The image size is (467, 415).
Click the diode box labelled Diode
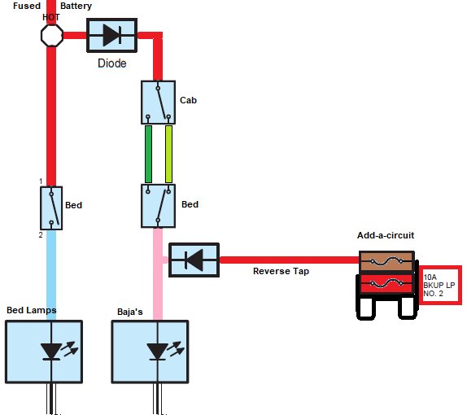(x=111, y=35)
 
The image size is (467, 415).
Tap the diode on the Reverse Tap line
(x=194, y=260)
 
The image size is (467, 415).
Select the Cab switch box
(x=158, y=103)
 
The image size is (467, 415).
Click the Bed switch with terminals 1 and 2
(x=51, y=208)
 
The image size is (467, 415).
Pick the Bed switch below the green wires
(x=158, y=206)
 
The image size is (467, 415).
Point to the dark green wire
(x=148, y=154)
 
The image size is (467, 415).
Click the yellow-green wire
(x=168, y=154)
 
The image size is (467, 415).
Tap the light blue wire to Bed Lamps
(x=51, y=275)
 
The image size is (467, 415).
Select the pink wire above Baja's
(x=158, y=274)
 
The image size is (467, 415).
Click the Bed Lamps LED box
(x=44, y=352)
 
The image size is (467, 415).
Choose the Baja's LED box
(x=150, y=352)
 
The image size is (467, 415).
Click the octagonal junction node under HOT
(x=52, y=36)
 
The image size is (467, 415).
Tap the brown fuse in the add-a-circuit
(x=386, y=261)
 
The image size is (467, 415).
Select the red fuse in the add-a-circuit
(x=386, y=283)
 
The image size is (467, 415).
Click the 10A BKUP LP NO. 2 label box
(x=440, y=285)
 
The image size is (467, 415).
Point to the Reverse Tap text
(x=281, y=271)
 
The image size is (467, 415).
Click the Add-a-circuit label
(x=386, y=235)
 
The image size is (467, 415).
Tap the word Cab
(x=188, y=100)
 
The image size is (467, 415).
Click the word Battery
(x=76, y=6)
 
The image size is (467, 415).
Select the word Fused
(x=27, y=6)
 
